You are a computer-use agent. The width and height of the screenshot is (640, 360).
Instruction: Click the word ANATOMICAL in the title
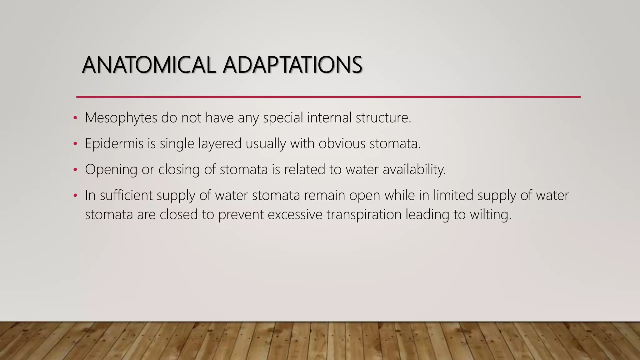(149, 65)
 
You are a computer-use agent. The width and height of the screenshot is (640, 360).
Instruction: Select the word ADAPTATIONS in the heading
(292, 65)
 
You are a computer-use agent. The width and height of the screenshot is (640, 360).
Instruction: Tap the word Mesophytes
(121, 118)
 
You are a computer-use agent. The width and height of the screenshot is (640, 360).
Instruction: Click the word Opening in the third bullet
(111, 170)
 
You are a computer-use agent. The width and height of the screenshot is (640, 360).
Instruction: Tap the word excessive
(295, 215)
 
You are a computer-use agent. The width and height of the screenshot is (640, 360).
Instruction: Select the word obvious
(342, 144)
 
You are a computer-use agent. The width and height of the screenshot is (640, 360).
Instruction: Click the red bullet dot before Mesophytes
(75, 118)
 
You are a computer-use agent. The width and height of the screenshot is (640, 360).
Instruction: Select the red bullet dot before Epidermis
(75, 144)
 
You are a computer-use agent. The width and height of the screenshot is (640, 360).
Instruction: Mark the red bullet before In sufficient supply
(75, 196)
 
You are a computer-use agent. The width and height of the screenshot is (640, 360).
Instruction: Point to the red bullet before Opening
(75, 170)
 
